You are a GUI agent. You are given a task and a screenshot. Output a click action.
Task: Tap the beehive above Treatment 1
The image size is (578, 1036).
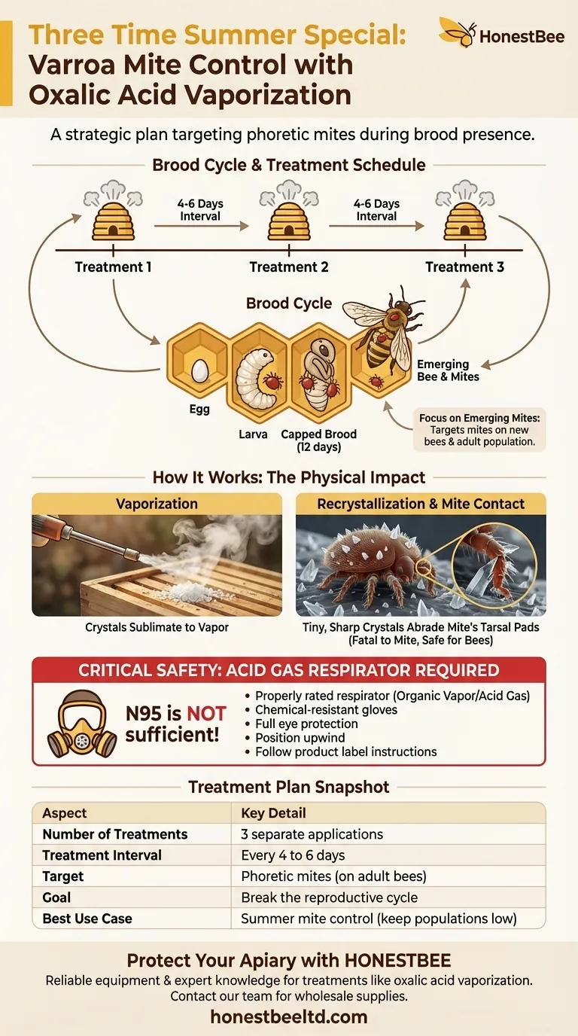pyautogui.click(x=112, y=217)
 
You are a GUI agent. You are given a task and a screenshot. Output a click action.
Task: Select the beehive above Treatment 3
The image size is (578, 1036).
pyautogui.click(x=464, y=217)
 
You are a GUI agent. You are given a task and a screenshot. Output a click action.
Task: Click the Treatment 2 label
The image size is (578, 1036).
pyautogui.click(x=289, y=267)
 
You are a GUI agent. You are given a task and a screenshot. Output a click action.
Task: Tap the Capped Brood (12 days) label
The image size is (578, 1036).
pyautogui.click(x=319, y=440)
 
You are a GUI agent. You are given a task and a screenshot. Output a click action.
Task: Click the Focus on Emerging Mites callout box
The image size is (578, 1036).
pyautogui.click(x=479, y=428)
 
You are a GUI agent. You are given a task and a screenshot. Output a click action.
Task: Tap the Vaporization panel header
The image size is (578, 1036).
pyautogui.click(x=157, y=504)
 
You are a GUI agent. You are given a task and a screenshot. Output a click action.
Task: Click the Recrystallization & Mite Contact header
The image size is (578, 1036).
pyautogui.click(x=421, y=504)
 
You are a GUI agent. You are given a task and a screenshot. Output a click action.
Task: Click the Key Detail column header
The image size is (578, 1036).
pyautogui.click(x=273, y=813)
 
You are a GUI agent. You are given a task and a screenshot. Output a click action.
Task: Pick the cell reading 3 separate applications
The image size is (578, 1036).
pyautogui.click(x=312, y=834)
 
